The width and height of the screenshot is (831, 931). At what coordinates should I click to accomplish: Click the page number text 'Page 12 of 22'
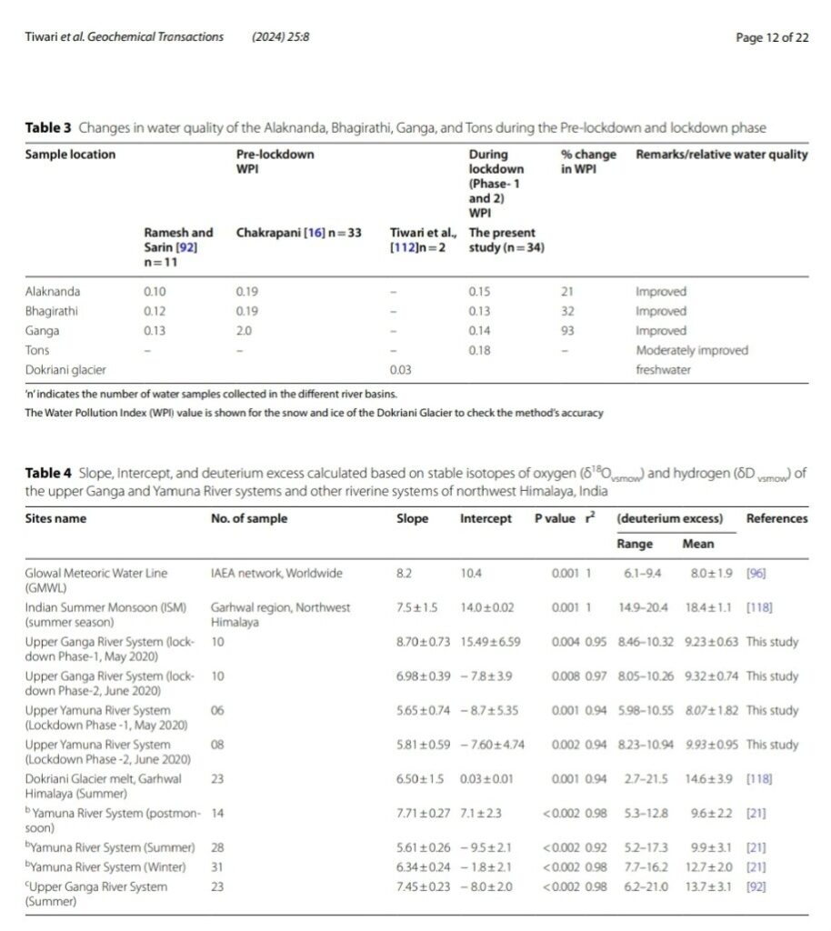772,37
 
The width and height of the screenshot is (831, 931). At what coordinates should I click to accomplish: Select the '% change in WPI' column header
588,162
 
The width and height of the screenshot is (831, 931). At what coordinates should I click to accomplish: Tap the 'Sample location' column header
70,155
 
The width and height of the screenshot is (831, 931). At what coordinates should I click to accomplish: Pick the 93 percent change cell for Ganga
569,331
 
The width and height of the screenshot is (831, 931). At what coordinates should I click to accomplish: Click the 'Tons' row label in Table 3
37,350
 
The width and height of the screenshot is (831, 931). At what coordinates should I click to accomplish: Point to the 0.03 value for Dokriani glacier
399,370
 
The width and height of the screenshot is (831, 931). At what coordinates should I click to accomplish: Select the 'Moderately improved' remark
687,350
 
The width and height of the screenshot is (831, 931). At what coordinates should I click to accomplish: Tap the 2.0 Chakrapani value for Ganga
245,331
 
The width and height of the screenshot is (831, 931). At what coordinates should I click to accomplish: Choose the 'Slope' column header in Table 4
412,518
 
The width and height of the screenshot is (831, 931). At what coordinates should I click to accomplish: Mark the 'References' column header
776,518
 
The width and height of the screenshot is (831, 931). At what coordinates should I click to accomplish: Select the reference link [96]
755,574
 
